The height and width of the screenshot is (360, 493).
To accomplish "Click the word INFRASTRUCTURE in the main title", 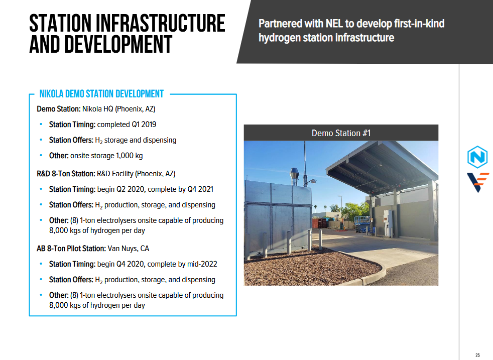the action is tap(160, 23).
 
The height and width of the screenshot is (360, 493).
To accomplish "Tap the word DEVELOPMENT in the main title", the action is tap(118, 44).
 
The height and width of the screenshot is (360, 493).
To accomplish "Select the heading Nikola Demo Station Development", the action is tap(101, 94).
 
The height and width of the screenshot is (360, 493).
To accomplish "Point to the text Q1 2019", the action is tap(144, 125).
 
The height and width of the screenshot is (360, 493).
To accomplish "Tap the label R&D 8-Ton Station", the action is tap(66, 174).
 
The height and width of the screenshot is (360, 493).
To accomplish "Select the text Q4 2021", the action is tap(200, 189).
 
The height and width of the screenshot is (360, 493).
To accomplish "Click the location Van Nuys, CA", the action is tap(129, 249).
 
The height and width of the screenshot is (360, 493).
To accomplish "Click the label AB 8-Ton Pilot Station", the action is tap(71, 249).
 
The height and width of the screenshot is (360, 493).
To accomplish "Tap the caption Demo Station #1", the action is tap(341, 133).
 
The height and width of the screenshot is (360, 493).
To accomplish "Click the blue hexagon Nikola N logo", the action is tap(477, 157).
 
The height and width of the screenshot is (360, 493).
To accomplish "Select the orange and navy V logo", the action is tap(478, 182).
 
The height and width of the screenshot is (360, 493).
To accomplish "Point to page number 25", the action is tap(477, 355).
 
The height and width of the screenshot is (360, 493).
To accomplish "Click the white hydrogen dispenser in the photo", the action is tap(388, 223).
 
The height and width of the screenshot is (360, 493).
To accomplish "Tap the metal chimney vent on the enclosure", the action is tap(294, 176).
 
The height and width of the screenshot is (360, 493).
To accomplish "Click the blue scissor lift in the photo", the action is tap(362, 224).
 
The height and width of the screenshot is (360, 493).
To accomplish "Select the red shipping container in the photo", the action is tap(319, 223).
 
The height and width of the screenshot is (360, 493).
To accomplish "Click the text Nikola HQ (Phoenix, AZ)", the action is tap(119, 109).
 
